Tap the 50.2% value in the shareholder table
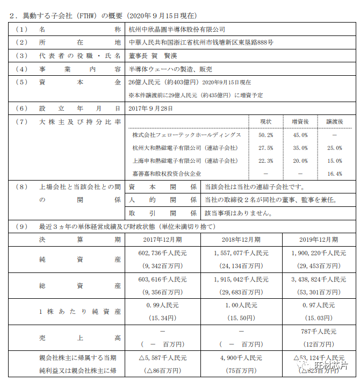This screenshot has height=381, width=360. coord(265,134)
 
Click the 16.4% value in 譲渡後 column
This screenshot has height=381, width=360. coord(334,174)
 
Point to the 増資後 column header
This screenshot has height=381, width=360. coord(300,122)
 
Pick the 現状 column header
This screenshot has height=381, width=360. coord(265,122)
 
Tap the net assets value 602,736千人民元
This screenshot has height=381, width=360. coord(162,253)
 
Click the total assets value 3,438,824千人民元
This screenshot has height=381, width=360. coord(319,279)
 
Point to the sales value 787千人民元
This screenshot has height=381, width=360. coord(319,332)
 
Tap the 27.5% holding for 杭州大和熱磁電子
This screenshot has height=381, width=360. coord(265,148)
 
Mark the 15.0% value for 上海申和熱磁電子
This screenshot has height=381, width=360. coord(334,161)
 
